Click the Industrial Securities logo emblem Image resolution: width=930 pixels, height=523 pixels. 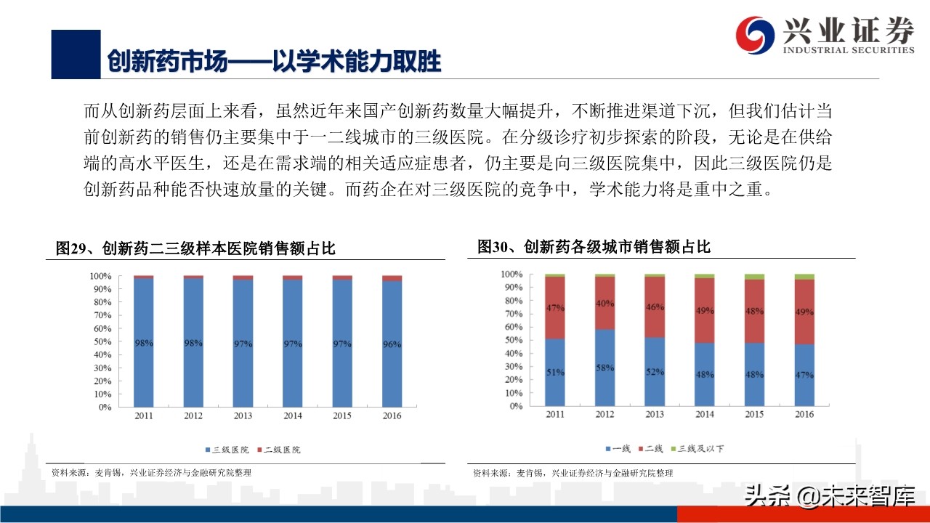[755, 35]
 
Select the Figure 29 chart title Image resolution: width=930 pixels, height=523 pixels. [196, 248]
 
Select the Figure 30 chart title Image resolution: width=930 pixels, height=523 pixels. [594, 247]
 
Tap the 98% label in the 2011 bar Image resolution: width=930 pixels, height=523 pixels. [143, 343]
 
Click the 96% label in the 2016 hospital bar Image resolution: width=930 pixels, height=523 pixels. [392, 344]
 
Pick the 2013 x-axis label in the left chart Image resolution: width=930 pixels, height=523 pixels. [243, 416]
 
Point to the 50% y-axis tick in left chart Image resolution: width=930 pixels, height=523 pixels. [100, 341]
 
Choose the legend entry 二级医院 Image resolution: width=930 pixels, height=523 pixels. [279, 450]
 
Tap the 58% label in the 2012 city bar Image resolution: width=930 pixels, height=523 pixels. [604, 368]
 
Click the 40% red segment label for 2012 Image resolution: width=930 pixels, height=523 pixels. [604, 304]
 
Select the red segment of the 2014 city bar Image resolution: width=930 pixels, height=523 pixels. [704, 310]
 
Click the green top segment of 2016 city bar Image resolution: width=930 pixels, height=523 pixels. [804, 277]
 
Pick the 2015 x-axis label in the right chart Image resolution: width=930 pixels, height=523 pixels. [754, 415]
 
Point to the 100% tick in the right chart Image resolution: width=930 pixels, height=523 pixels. [511, 275]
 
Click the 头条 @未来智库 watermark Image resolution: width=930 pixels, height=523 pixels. [828, 496]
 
